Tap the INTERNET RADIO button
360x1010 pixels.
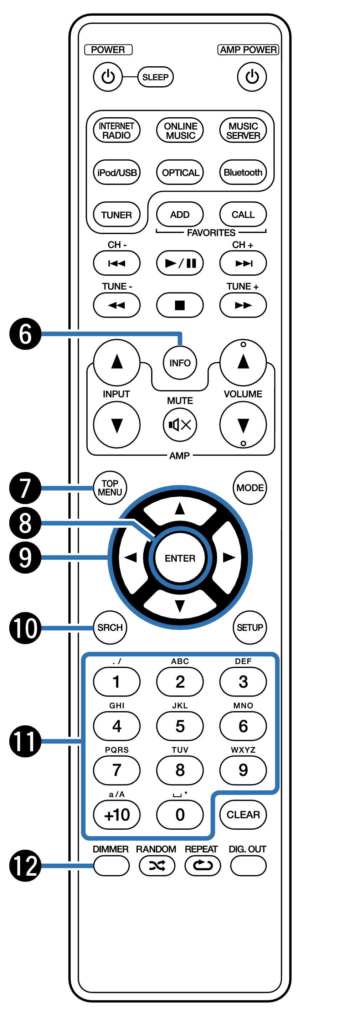pyautogui.click(x=117, y=130)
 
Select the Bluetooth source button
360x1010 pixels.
pyautogui.click(x=243, y=172)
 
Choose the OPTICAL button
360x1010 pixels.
pyautogui.click(x=180, y=172)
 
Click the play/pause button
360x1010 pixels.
pyautogui.click(x=180, y=263)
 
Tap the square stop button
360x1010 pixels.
pyautogui.click(x=180, y=305)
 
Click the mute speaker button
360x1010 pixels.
pyautogui.click(x=180, y=425)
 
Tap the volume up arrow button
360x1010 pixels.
pyautogui.click(x=243, y=362)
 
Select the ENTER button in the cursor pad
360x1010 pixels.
pyautogui.click(x=180, y=558)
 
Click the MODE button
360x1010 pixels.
pyautogui.click(x=250, y=488)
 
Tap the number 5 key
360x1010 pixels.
pyautogui.click(x=180, y=726)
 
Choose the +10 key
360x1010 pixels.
pyautogui.click(x=117, y=815)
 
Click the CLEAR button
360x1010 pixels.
pyautogui.click(x=243, y=814)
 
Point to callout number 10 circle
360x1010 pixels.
pyautogui.click(x=25, y=628)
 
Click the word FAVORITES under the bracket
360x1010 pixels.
pyautogui.click(x=211, y=233)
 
